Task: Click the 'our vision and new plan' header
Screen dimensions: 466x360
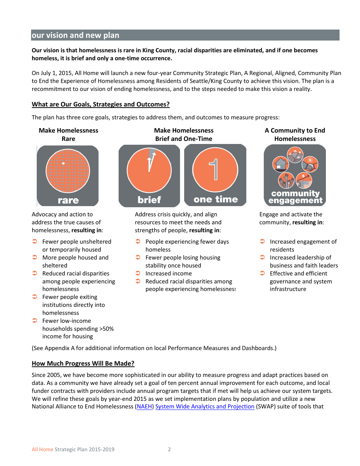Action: (x=75, y=35)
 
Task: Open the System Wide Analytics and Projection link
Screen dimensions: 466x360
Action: (x=205, y=407)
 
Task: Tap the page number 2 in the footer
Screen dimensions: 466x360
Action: (x=169, y=449)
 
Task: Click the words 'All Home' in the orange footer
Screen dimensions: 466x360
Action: (x=42, y=449)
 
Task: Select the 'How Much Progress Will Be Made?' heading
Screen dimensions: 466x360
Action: (x=83, y=363)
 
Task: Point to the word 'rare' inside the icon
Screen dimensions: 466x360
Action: (x=68, y=200)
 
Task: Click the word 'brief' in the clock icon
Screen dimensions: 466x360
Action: (x=149, y=200)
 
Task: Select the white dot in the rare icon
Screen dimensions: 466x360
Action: (x=63, y=163)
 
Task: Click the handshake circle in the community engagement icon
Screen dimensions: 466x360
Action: (x=310, y=164)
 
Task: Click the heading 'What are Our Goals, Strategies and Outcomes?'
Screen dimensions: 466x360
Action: (x=100, y=104)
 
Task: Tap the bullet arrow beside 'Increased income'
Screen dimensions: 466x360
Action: (x=138, y=273)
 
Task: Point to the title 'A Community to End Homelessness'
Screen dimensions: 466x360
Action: (x=295, y=134)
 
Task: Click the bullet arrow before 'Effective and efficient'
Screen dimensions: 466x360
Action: (x=262, y=273)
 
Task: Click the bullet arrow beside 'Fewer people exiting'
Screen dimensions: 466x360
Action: (x=34, y=297)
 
